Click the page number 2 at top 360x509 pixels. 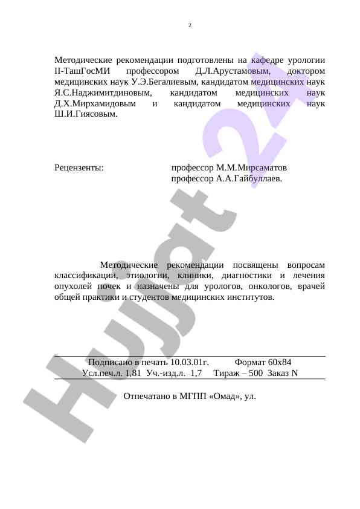pyautogui.click(x=190, y=25)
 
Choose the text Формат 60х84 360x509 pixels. pyautogui.click(x=263, y=361)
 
